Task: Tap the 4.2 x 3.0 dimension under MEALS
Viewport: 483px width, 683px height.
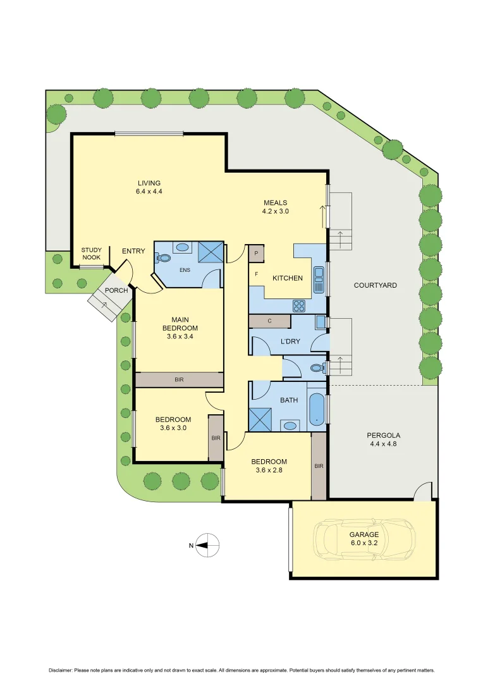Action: pos(275,212)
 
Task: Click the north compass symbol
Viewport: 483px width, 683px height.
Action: pos(208,545)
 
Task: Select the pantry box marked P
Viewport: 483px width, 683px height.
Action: pos(256,254)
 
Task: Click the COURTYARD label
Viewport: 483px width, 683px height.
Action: pos(375,285)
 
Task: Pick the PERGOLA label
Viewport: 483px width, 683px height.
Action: pos(383,435)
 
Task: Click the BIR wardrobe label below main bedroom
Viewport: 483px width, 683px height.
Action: pos(180,380)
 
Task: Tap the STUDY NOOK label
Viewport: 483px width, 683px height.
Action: pos(91,254)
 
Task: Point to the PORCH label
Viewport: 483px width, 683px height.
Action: pos(116,291)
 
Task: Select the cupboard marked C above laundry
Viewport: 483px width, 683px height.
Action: pos(269,321)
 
